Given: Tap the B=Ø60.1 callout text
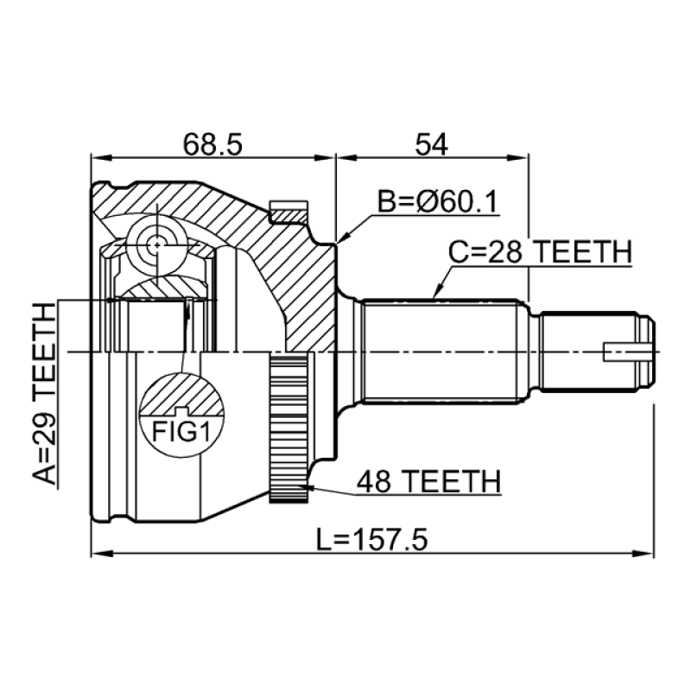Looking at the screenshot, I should (438, 202).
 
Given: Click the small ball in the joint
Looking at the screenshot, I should (155, 244).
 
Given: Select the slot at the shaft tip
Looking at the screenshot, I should (625, 352).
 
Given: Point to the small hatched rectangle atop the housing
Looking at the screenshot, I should (288, 210).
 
